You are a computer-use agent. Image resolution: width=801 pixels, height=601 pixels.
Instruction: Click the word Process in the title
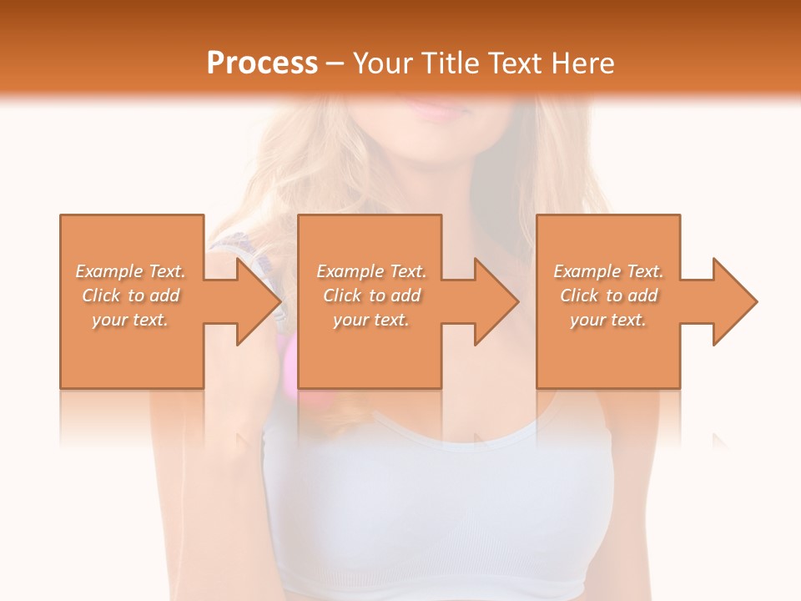[x=262, y=63]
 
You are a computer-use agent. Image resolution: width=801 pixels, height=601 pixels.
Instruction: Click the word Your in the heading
[x=384, y=63]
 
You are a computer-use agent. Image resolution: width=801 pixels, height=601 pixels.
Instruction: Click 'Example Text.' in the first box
[x=130, y=271]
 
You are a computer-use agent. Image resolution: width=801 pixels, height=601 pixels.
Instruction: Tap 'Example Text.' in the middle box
[x=371, y=271]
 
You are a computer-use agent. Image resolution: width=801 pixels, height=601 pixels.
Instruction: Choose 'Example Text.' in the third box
[x=608, y=271]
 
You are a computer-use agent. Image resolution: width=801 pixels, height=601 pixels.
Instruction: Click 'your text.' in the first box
[x=130, y=320]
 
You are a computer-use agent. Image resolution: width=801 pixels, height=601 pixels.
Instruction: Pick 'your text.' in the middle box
[x=371, y=320]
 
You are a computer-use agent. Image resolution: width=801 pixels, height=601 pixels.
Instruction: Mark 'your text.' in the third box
[x=608, y=320]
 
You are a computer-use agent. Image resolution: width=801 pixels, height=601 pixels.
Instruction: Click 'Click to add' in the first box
[x=130, y=295]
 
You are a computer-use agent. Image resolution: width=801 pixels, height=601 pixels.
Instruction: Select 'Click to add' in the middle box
[x=371, y=295]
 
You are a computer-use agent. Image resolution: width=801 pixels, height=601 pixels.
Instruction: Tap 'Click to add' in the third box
[x=608, y=295]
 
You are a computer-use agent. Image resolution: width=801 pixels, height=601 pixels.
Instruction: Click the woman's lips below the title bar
[x=431, y=109]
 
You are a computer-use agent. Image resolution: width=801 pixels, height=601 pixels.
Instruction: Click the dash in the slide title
[x=335, y=64]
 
